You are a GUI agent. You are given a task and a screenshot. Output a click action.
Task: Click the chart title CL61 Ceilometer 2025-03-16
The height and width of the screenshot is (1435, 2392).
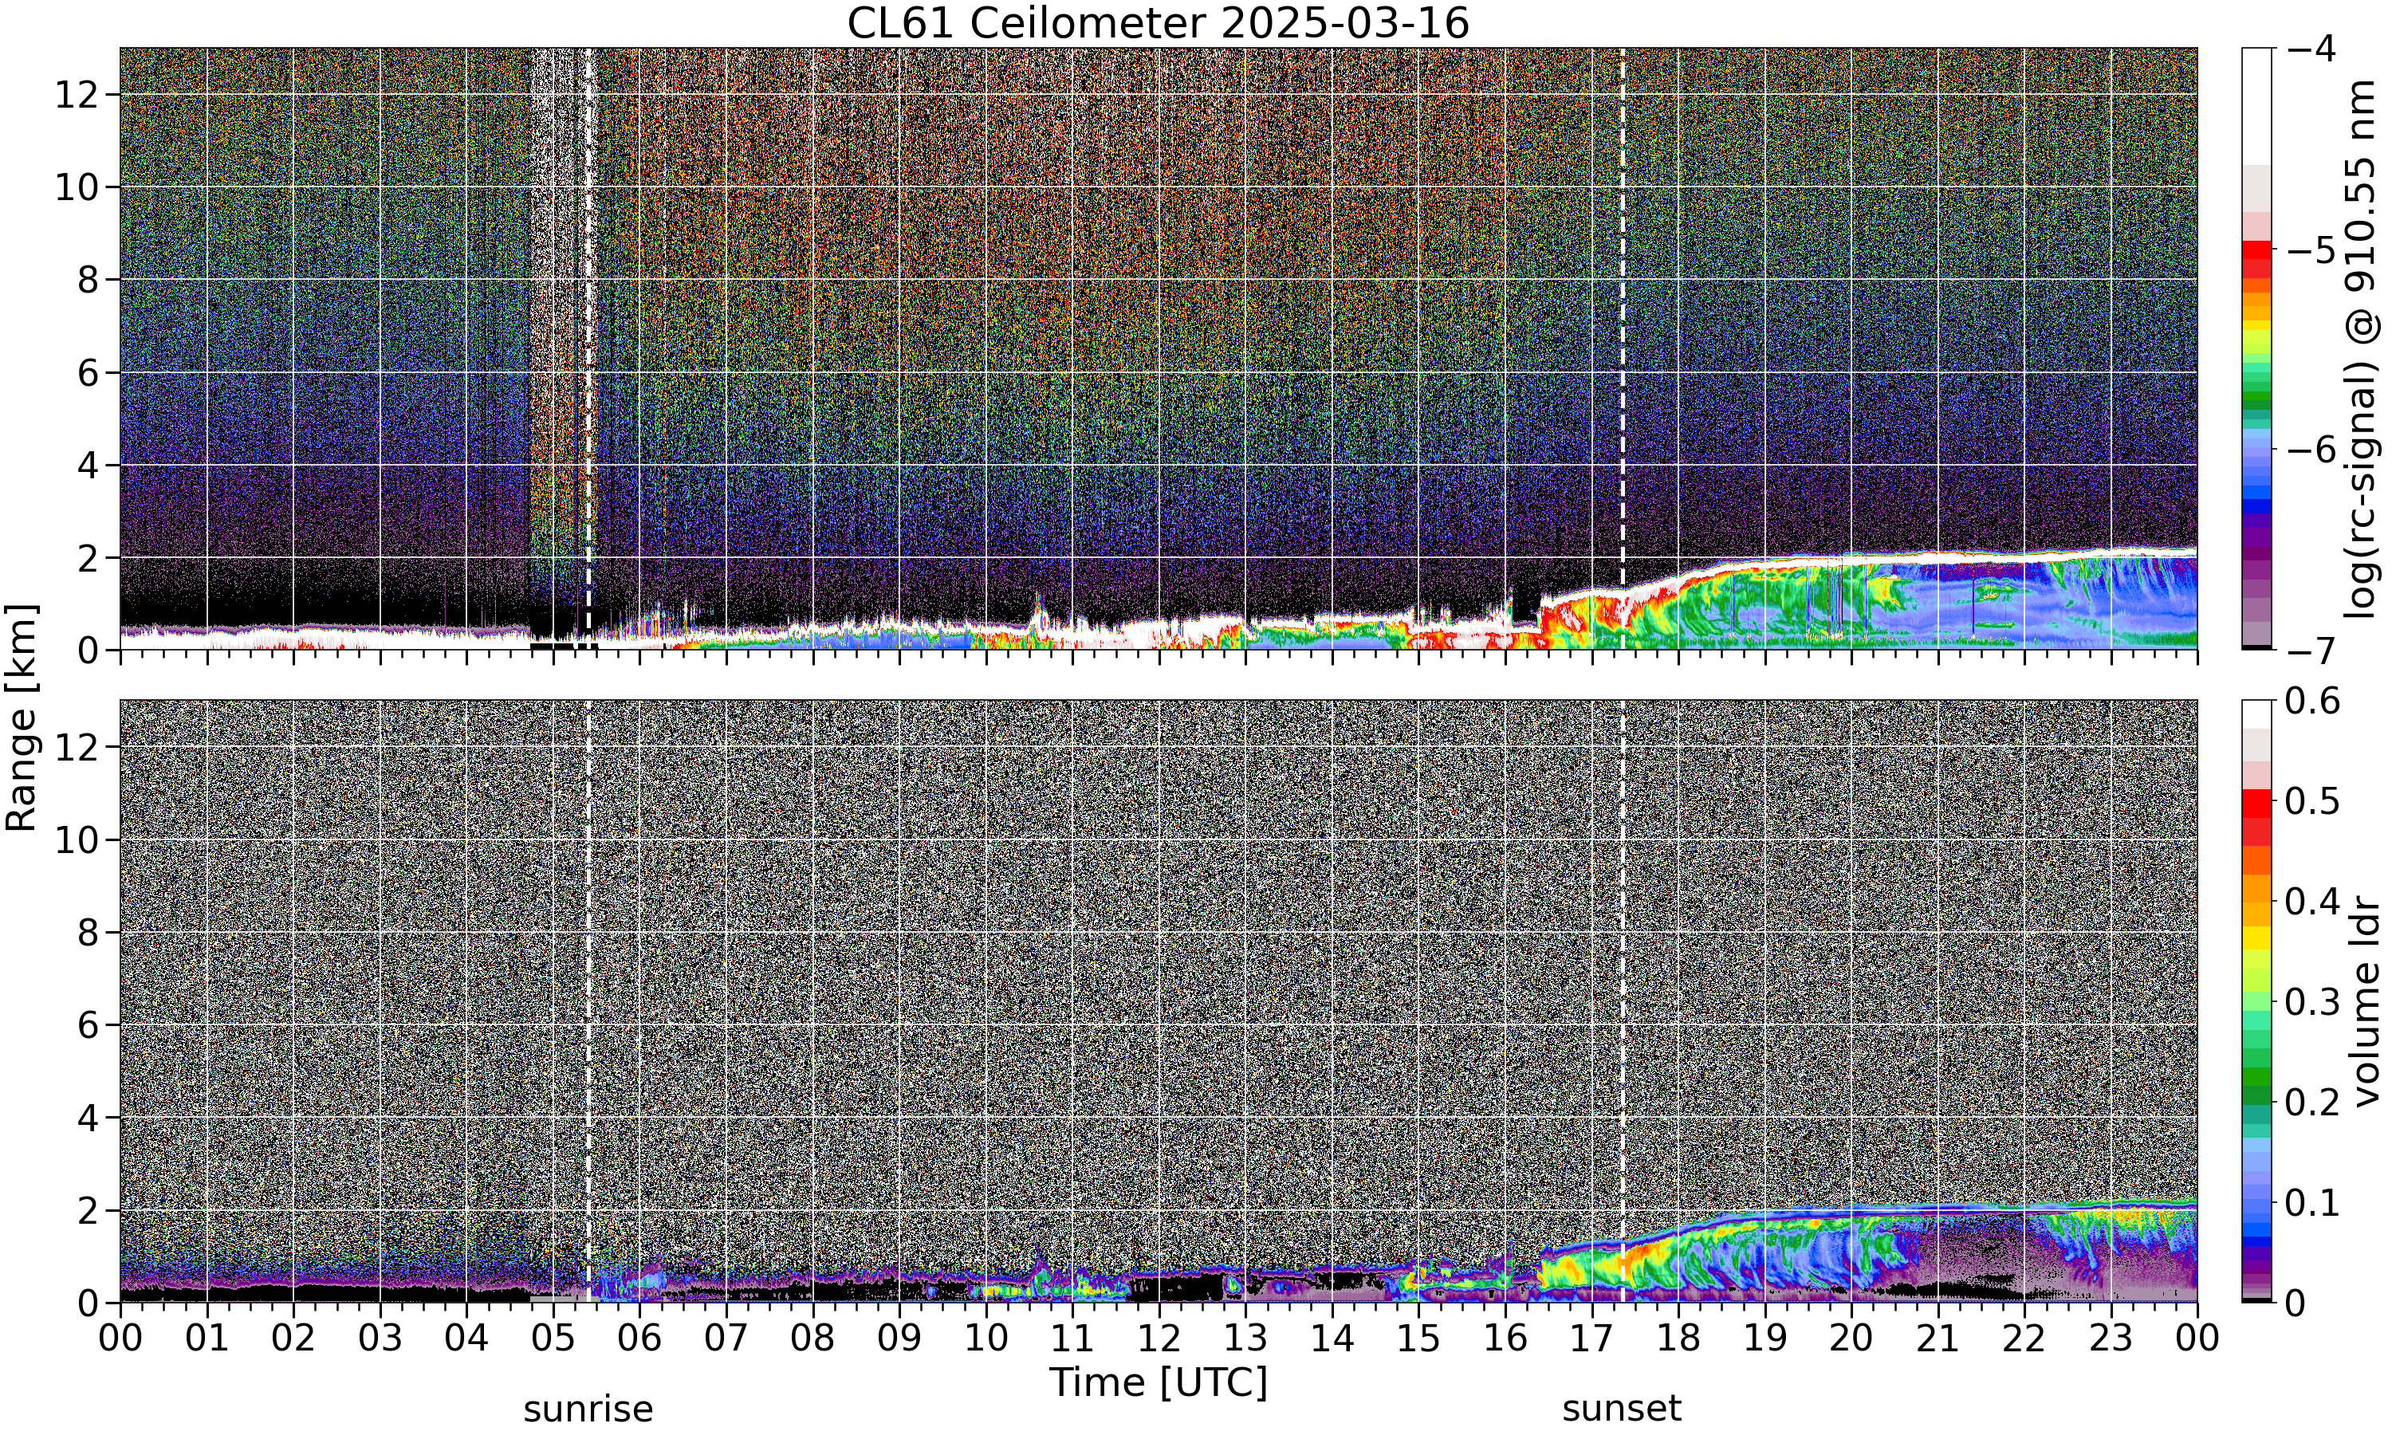(x=1157, y=23)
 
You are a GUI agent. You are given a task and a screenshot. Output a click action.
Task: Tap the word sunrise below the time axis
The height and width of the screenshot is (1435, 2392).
(x=588, y=1409)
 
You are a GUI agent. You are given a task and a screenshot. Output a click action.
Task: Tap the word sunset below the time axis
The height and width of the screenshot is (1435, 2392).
(x=1622, y=1409)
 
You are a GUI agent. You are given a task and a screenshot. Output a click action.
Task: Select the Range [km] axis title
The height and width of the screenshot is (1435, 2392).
(x=22, y=717)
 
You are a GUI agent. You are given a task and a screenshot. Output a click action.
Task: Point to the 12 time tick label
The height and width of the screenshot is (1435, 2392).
(x=1159, y=1339)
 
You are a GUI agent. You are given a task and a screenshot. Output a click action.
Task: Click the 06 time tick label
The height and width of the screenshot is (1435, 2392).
(x=639, y=1339)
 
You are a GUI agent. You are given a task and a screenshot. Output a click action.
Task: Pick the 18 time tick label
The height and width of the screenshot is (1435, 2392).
(x=1678, y=1339)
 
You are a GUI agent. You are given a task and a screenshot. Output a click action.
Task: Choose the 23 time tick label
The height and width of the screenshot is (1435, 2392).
(x=2111, y=1339)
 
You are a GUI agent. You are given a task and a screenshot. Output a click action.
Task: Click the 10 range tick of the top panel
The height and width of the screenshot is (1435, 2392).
(x=77, y=187)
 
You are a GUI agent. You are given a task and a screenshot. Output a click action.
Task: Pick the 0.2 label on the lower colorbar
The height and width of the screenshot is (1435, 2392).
(x=2313, y=1103)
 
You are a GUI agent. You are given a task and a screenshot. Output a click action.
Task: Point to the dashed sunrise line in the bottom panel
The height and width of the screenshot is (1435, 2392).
(x=588, y=1001)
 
